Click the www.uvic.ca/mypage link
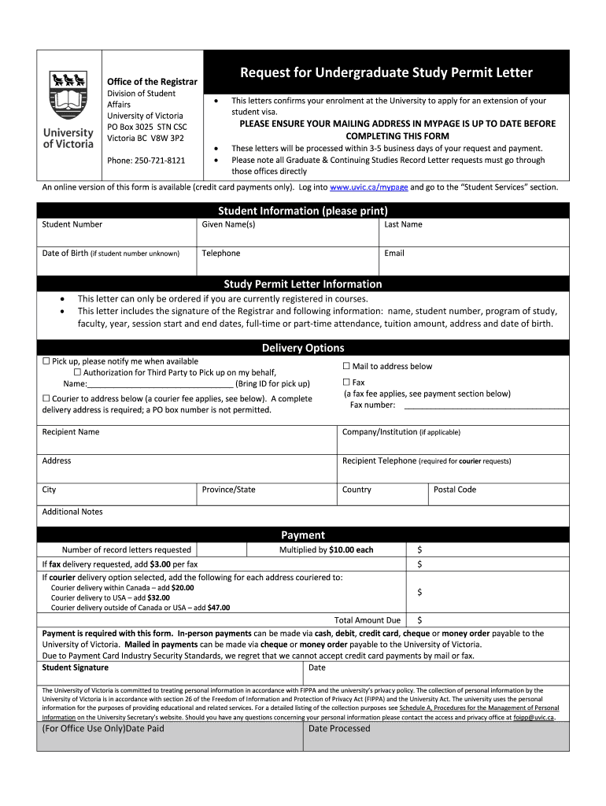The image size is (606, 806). click(x=368, y=187)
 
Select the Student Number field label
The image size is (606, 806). click(x=72, y=224)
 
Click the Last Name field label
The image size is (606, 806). click(x=403, y=224)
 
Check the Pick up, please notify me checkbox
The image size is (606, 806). click(x=46, y=361)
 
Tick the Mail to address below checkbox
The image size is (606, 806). click(x=346, y=366)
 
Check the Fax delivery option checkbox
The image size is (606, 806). click(x=346, y=383)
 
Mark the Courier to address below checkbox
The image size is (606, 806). click(x=46, y=399)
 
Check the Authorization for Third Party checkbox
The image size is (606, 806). click(x=77, y=372)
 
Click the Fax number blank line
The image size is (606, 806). click(x=486, y=406)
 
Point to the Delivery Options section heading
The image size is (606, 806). click(x=302, y=348)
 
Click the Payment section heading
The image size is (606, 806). click(x=302, y=534)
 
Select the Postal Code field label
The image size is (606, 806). click(x=455, y=490)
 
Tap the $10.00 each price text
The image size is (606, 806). click(x=351, y=549)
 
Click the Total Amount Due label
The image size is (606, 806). click(x=368, y=620)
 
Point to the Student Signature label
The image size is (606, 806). click(x=75, y=667)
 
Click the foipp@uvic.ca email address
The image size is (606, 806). click(x=534, y=718)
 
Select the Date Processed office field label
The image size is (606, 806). click(x=339, y=728)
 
